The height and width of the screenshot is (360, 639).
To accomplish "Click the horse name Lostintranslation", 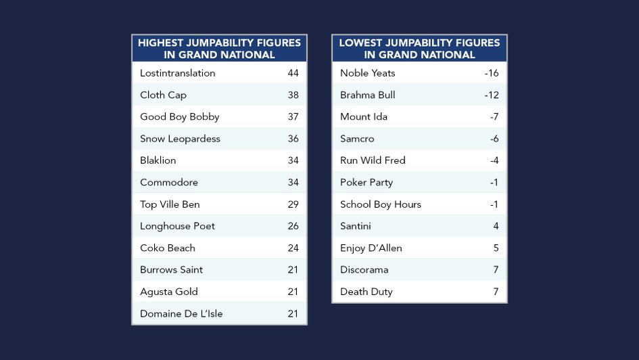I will pos(177,73).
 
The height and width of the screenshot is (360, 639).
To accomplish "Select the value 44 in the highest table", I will pos(293,73).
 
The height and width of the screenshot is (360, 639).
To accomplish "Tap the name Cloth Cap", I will pos(163,95).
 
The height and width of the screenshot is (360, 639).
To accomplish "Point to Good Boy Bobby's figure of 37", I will pos(293,116).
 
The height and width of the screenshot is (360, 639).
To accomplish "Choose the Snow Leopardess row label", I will pos(180,139).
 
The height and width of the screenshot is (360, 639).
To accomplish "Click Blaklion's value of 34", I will pos(293,160).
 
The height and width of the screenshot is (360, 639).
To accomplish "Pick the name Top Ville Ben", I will pos(170,204).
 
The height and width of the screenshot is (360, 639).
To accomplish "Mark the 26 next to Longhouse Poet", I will pos(293,226).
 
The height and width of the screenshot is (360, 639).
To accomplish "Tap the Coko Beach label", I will pos(168,248).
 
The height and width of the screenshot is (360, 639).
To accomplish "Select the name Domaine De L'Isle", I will pos(181,313).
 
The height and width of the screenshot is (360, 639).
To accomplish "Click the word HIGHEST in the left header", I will pos(161,43).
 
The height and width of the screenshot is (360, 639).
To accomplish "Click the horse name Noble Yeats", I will pos(368,73).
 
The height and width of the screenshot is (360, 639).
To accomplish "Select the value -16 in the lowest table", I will pos(492,73).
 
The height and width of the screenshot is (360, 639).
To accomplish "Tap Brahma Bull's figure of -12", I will pos(492,95).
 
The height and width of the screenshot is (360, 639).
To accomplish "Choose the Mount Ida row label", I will pos(364,116).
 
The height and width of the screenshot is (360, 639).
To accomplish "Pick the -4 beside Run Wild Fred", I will pos(494,160).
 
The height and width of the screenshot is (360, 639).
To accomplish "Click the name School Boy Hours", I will pos(381,204).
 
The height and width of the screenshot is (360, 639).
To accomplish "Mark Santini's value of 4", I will pos(496,226).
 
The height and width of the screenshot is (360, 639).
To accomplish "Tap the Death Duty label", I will pos(366,292).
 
